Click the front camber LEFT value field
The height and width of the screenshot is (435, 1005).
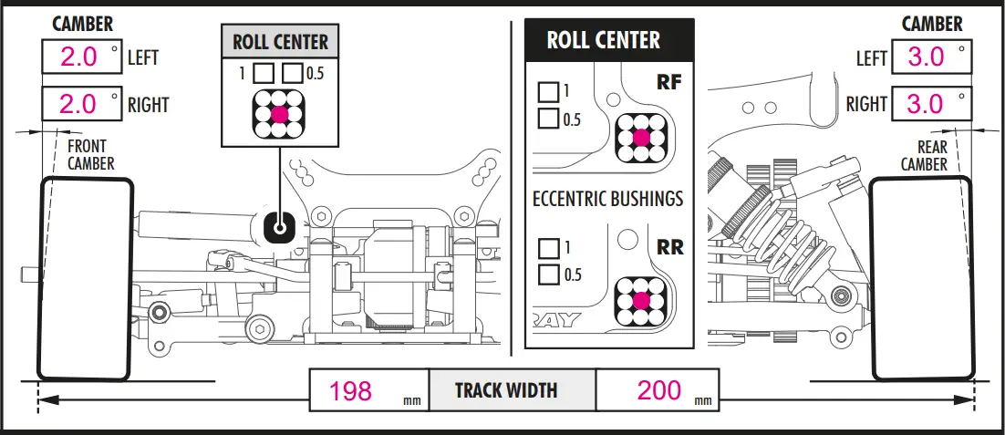(82, 57)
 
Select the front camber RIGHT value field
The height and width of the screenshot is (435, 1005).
(82, 103)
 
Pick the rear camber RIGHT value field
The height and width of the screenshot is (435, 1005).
(931, 103)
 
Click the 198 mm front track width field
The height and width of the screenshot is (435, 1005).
(369, 389)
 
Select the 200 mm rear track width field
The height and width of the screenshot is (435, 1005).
(658, 389)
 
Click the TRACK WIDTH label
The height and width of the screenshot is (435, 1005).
(506, 390)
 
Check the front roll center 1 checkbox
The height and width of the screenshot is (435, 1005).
(263, 73)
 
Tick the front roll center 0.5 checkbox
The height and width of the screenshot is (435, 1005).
(293, 73)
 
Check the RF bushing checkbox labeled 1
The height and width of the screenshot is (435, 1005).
(548, 91)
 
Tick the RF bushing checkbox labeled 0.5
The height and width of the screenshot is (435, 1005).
(548, 118)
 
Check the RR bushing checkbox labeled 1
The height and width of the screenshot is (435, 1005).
(548, 247)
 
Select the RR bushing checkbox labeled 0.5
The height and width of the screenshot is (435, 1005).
(548, 274)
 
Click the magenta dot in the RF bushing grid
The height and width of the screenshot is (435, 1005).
(641, 137)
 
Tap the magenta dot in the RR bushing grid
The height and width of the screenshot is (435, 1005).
(641, 300)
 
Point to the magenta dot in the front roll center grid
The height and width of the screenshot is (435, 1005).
(279, 115)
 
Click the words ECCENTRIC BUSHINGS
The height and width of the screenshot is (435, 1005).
(608, 199)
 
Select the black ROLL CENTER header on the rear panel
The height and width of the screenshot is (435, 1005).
(609, 40)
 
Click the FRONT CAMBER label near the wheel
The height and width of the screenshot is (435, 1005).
(91, 155)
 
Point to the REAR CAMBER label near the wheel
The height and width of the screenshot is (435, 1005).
(924, 156)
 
